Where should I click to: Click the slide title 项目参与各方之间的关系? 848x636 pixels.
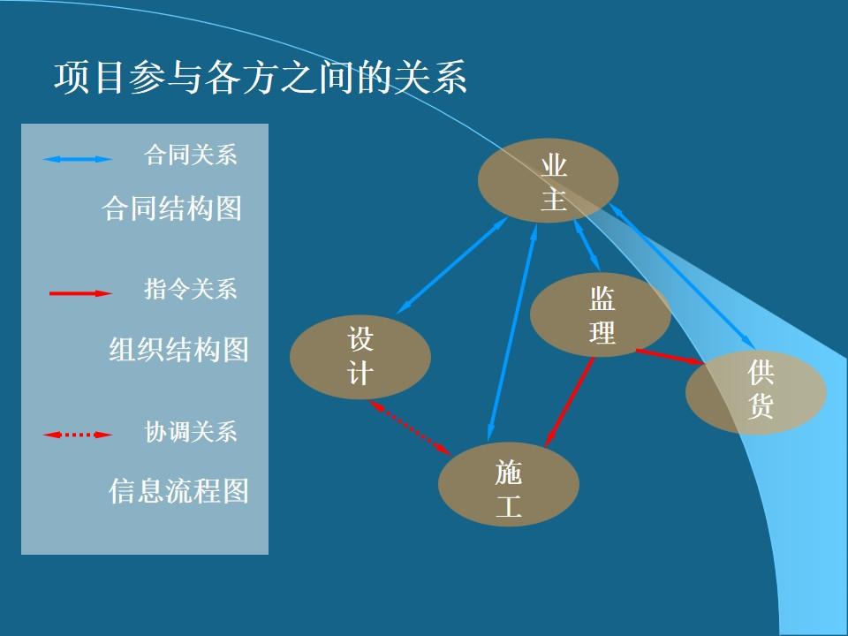click(x=261, y=78)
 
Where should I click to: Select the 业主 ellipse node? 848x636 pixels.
click(x=548, y=180)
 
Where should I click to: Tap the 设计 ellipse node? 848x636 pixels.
click(x=360, y=357)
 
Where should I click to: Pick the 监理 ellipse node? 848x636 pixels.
click(x=600, y=315)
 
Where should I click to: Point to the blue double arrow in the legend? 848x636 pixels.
click(x=78, y=159)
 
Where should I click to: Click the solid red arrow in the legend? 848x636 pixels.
click(x=80, y=293)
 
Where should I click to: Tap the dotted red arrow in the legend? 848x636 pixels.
click(x=78, y=435)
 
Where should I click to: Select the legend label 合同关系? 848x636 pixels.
click(x=191, y=155)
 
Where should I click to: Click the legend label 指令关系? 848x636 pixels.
click(x=191, y=289)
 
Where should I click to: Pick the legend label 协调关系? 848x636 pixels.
click(x=191, y=432)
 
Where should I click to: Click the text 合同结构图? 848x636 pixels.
click(x=172, y=209)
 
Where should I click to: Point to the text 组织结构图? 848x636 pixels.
click(x=178, y=350)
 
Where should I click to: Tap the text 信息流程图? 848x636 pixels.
click(x=178, y=490)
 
